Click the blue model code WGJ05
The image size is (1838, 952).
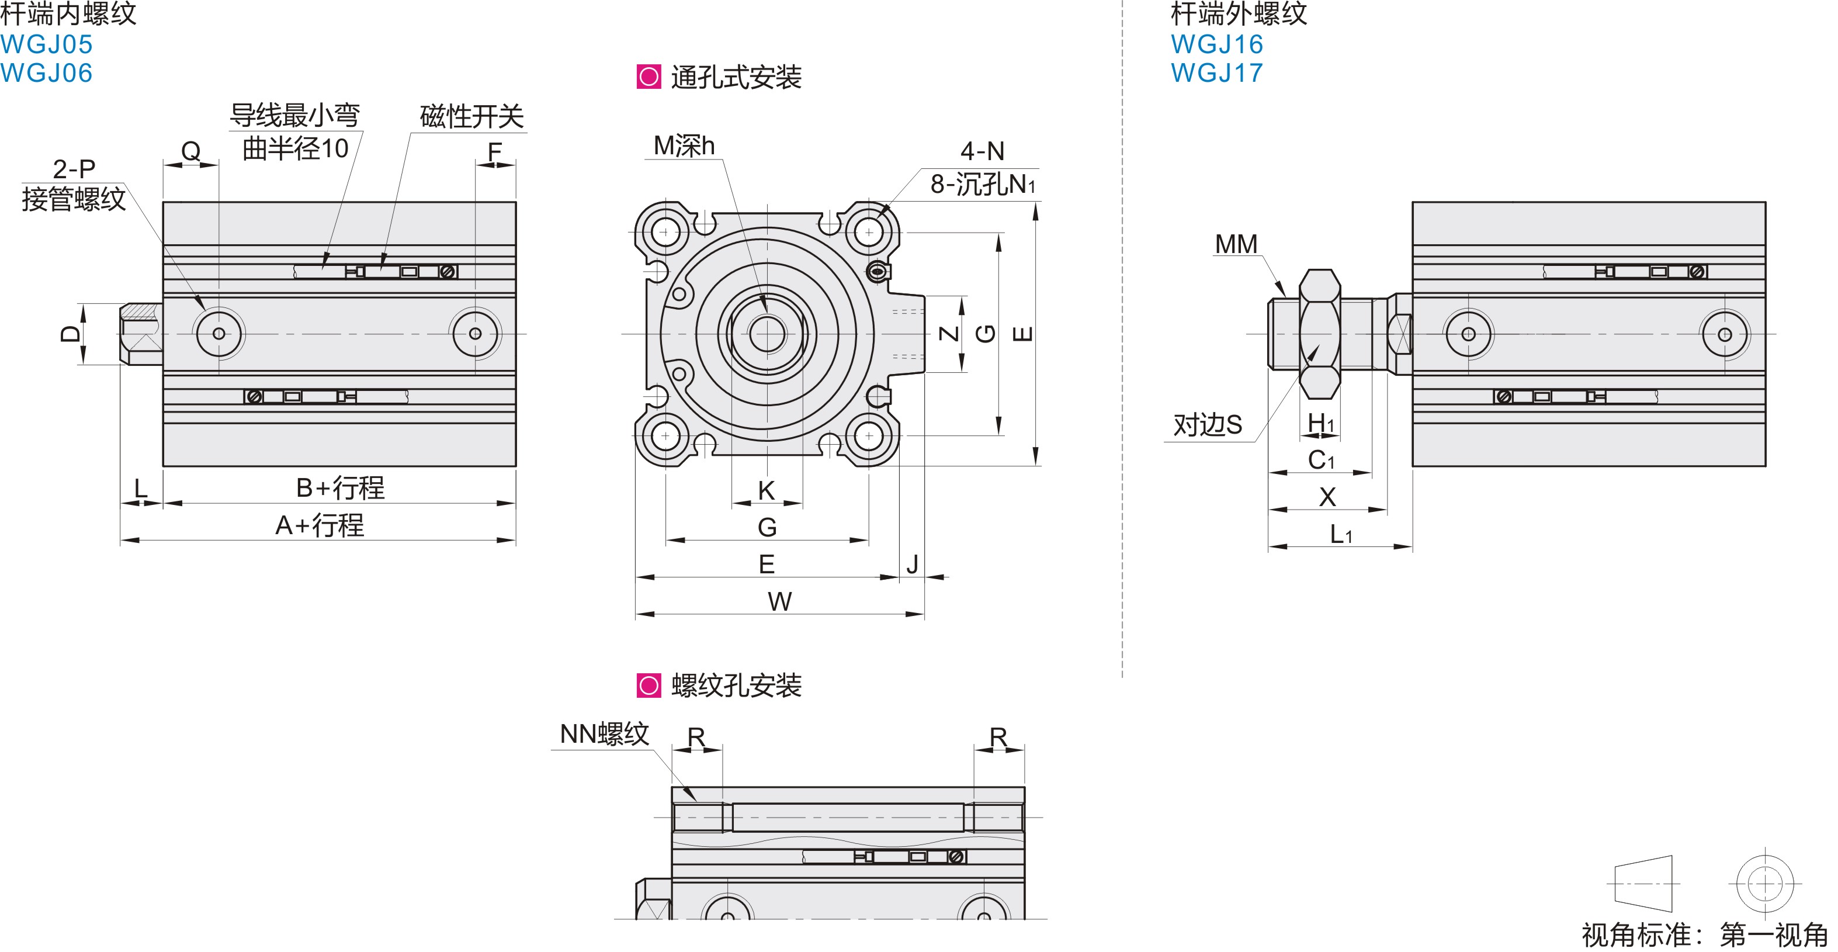[x=46, y=44]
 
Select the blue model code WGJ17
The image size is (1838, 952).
[x=1216, y=73]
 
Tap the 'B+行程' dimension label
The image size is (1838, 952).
[x=341, y=488]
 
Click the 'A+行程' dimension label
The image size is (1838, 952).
[x=320, y=525]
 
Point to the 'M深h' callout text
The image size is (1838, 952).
[x=684, y=146]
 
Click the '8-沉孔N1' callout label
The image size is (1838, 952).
[x=982, y=184]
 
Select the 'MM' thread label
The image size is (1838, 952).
[x=1236, y=244]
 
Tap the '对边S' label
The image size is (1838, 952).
[x=1207, y=425]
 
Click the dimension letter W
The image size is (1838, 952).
[x=780, y=601]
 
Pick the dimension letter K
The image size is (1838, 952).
[x=767, y=490]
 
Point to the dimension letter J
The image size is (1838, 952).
[x=912, y=564]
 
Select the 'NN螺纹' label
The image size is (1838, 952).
[x=604, y=733]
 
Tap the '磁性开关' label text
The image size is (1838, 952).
[x=471, y=116]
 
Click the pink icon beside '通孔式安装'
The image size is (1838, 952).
[x=648, y=77]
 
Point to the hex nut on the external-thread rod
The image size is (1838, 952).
[x=1319, y=333]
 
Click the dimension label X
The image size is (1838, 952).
[x=1327, y=497]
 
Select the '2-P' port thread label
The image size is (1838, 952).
[x=74, y=168]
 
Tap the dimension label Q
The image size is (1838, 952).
[x=190, y=151]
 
